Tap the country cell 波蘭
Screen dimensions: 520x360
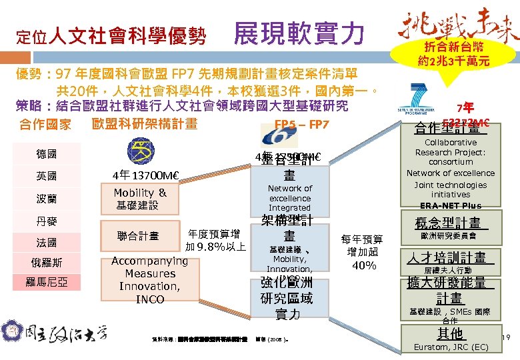click(x=47, y=199)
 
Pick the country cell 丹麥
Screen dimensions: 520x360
click(x=47, y=221)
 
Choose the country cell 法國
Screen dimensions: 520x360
click(x=47, y=243)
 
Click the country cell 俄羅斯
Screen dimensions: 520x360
click(x=47, y=263)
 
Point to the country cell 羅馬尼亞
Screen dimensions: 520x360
click(x=47, y=283)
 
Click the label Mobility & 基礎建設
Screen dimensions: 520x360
click(x=140, y=199)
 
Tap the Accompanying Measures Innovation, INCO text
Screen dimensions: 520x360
click(x=150, y=280)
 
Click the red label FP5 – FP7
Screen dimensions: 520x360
click(x=301, y=125)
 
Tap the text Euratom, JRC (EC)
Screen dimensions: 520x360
click(x=450, y=347)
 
